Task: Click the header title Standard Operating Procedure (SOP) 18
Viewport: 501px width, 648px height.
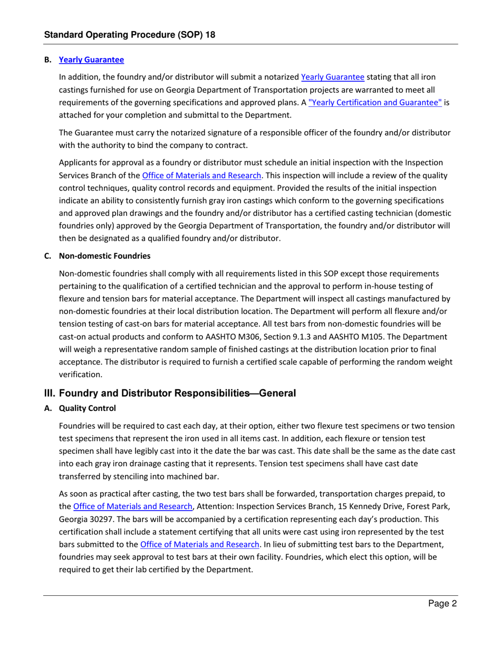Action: [129, 35]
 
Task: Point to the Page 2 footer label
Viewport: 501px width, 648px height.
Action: [441, 604]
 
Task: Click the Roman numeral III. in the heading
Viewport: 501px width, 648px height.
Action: [51, 392]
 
